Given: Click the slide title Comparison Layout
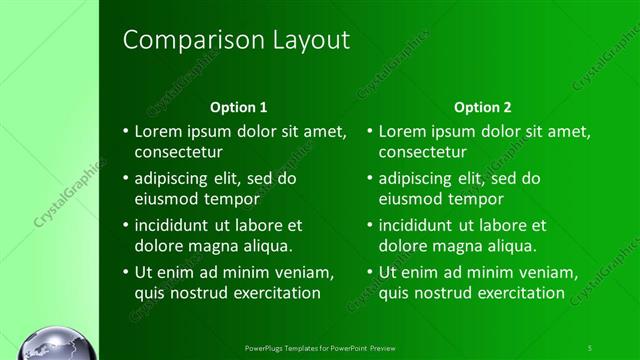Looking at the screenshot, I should pos(236,40).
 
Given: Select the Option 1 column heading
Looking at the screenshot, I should pos(238,107).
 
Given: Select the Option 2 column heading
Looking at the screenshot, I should pos(482,107).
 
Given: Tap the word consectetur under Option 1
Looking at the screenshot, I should pos(179,152).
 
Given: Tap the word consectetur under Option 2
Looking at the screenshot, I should pos(423,152).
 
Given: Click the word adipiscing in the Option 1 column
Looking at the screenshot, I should pos(173,179).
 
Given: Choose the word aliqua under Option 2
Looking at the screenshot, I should pos(511,246).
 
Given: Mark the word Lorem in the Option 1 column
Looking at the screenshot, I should pos(156,132).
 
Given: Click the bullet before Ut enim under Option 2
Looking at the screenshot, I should pos(369,273).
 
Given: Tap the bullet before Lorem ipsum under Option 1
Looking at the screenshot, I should pos(125,132).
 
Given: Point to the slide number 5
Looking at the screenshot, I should pos(590,347).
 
